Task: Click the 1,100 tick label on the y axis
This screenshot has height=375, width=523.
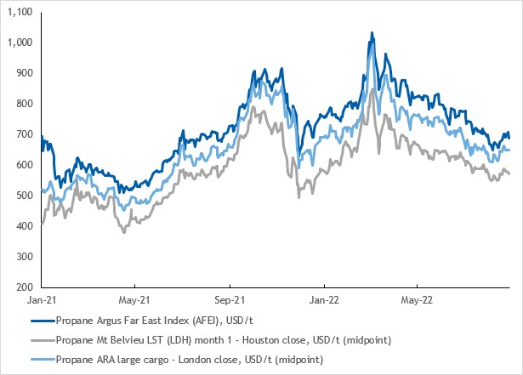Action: click(20, 13)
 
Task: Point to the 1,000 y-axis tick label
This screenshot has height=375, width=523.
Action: click(20, 43)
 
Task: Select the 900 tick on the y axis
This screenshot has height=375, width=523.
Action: click(23, 73)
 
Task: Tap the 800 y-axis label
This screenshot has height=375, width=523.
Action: click(23, 104)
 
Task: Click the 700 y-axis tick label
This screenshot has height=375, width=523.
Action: click(23, 134)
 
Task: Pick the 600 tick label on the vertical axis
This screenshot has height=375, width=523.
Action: click(23, 165)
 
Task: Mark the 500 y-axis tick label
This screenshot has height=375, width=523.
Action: click(23, 196)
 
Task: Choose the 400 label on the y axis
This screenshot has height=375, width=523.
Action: click(23, 226)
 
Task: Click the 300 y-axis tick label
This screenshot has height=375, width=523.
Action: click(23, 257)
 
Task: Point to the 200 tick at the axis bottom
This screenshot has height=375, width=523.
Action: click(23, 287)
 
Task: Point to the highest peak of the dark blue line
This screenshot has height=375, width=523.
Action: click(372, 33)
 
